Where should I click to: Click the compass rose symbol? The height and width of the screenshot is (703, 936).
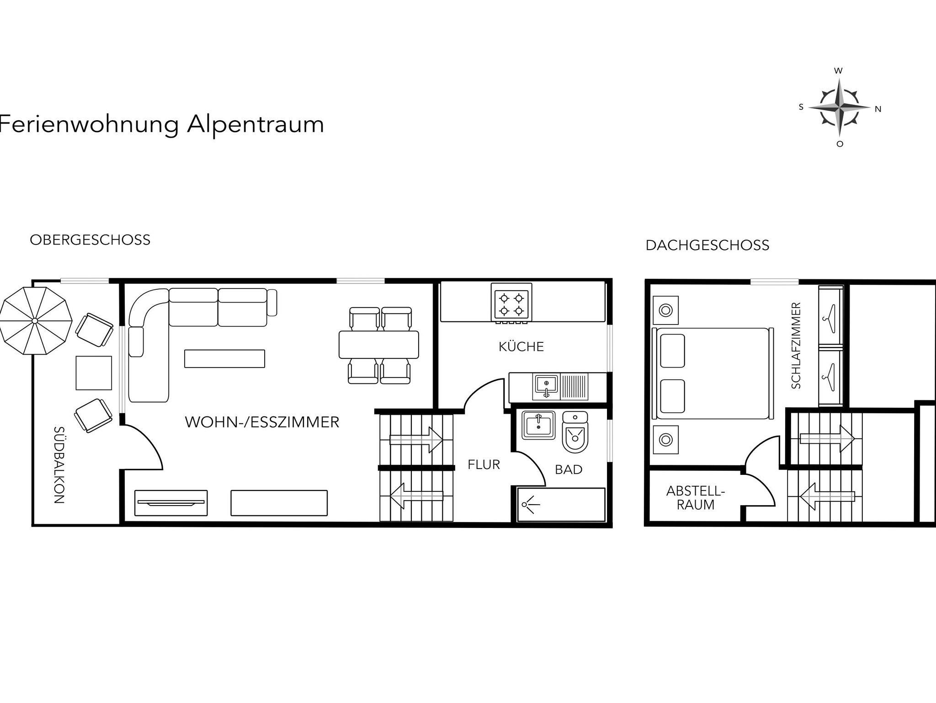[x=839, y=108]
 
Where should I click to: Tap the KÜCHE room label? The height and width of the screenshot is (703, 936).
[x=521, y=346]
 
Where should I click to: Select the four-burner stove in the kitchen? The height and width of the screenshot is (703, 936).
[x=511, y=302]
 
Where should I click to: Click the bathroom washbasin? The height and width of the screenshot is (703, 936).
[x=538, y=425]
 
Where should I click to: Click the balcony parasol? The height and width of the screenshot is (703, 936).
[x=36, y=320]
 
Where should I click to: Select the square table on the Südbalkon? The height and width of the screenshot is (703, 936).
[x=94, y=373]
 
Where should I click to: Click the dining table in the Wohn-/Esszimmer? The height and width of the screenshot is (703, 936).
[x=379, y=345]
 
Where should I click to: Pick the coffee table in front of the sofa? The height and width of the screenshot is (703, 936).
[x=224, y=359]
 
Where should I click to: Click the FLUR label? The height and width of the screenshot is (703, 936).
[x=484, y=465]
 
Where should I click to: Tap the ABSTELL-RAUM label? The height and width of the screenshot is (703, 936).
[x=696, y=498]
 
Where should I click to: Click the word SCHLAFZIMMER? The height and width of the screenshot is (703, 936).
[x=796, y=346]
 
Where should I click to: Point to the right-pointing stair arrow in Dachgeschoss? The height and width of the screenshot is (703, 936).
[x=827, y=439]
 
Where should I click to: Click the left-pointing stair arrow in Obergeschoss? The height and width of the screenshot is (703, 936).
[x=416, y=496]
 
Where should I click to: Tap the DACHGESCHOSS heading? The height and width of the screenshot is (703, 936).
[x=707, y=245]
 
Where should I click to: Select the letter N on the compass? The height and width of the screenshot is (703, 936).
[x=878, y=109]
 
